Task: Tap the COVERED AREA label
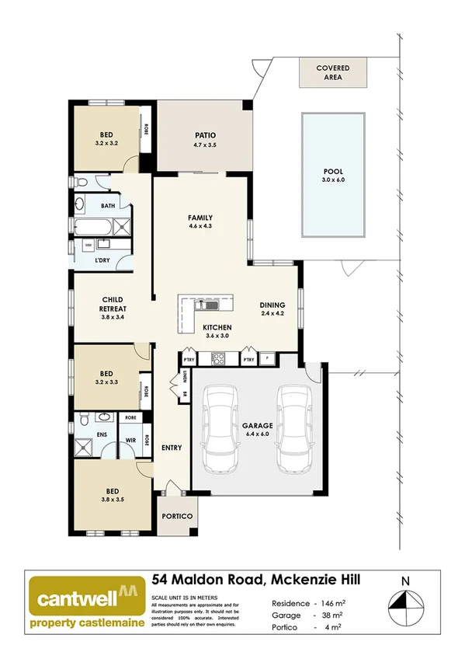pyautogui.click(x=332, y=73)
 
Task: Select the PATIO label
pyautogui.click(x=205, y=135)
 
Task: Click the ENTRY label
pyautogui.click(x=171, y=448)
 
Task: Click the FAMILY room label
pyautogui.click(x=200, y=218)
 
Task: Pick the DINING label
pyautogui.click(x=272, y=305)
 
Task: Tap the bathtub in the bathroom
pyautogui.click(x=93, y=228)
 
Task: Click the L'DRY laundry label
pyautogui.click(x=102, y=260)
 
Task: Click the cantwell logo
pyautogui.click(x=85, y=603)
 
